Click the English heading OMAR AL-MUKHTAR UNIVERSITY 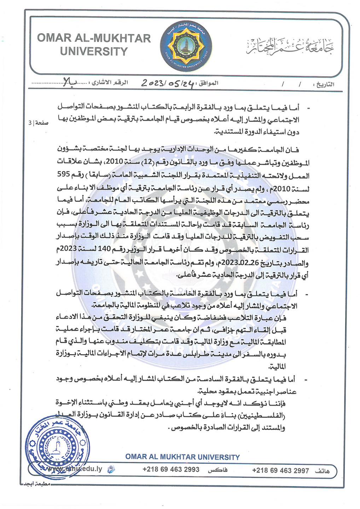94,44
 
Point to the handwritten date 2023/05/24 168,83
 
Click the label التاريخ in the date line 324,84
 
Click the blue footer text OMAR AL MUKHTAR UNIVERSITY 182,457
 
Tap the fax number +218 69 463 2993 171,469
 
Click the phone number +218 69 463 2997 280,470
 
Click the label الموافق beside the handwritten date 208,83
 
